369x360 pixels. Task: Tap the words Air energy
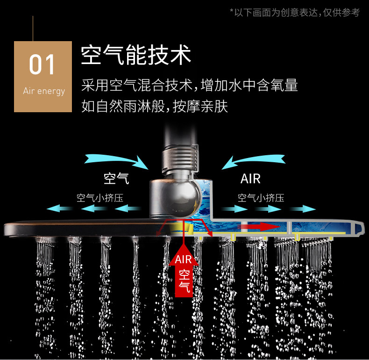click(x=44, y=91)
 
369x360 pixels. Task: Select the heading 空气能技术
click(x=136, y=55)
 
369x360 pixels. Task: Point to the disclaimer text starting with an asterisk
click(x=295, y=13)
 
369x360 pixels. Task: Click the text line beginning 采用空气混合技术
click(x=189, y=86)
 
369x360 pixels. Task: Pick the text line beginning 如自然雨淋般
click(x=155, y=107)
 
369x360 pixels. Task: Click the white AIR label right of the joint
click(x=250, y=179)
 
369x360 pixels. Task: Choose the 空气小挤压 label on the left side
click(x=100, y=197)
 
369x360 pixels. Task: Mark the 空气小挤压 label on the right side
click(x=261, y=197)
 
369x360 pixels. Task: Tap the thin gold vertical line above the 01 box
click(x=33, y=28)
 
